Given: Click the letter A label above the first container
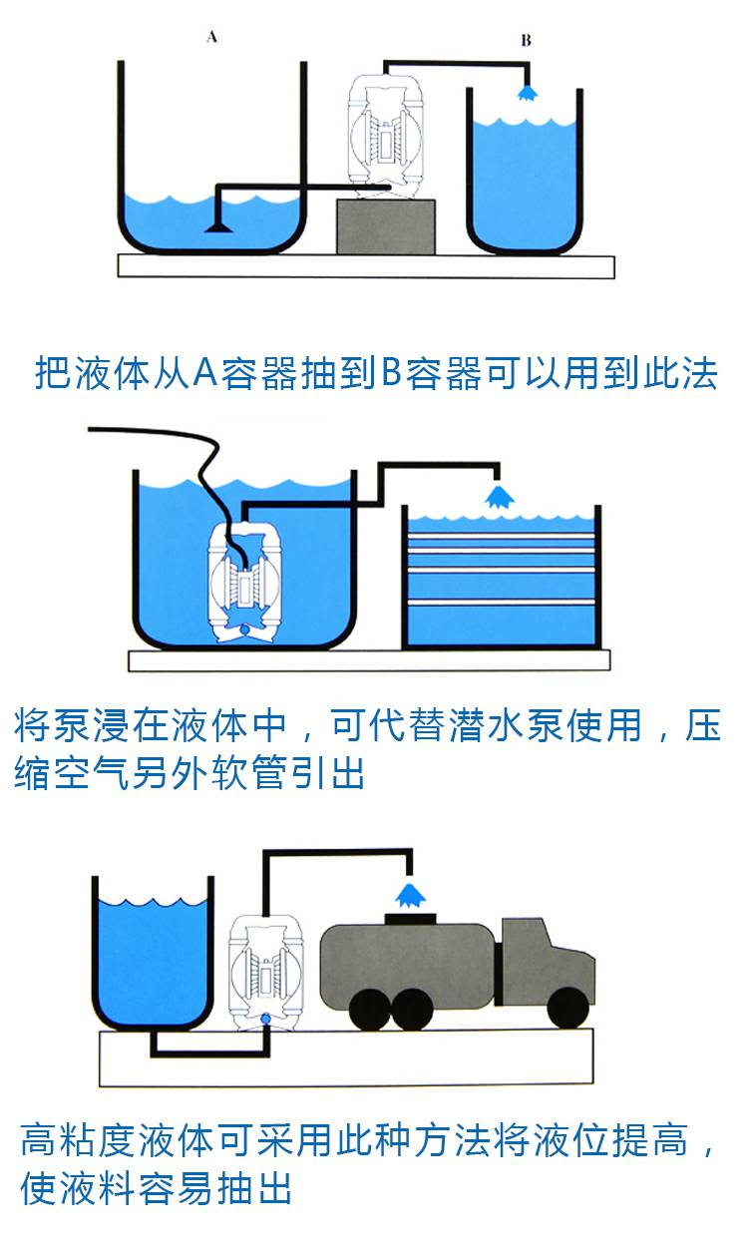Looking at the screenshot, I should pos(211,38).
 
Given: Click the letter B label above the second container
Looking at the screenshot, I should pos(526,41).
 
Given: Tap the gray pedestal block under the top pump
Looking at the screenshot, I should pos(386,225).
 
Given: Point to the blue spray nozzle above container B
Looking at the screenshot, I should pos(526,93).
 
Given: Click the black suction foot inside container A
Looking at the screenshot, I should pos(217,227).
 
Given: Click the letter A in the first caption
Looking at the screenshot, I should pos(205,373).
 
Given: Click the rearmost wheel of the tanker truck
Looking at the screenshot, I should pos(368,1009).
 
